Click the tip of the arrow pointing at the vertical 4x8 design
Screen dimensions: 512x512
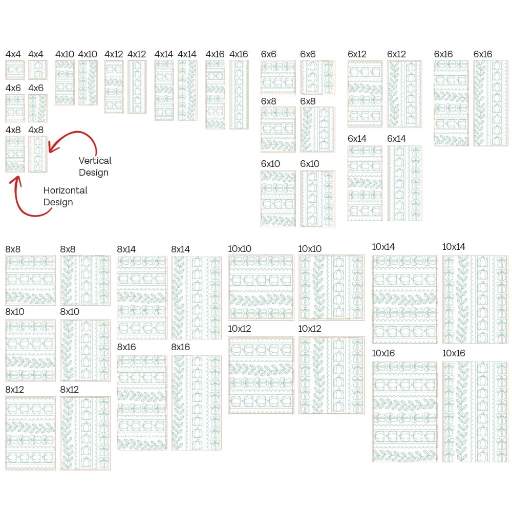pyautogui.click(x=49, y=152)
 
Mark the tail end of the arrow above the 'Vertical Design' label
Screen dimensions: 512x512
pyautogui.click(x=96, y=156)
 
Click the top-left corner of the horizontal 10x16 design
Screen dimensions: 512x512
pyautogui.click(x=372, y=361)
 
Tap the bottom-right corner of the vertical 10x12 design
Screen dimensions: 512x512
pyautogui.click(x=365, y=415)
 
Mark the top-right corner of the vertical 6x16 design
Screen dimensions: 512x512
pyautogui.click(x=508, y=60)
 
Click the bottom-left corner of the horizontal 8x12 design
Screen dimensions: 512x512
pyautogui.click(x=6, y=470)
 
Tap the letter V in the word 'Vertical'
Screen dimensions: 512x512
pyautogui.click(x=81, y=161)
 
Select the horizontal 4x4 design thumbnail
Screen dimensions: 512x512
pyautogui.click(x=15, y=70)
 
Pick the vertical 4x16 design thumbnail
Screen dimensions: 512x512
pyautogui.click(x=239, y=94)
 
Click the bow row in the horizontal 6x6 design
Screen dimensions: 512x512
pyautogui.click(x=278, y=67)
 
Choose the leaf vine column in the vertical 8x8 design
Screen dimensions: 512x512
pyautogui.click(x=68, y=280)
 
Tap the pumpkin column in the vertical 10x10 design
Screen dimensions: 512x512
pyautogui.click(x=338, y=287)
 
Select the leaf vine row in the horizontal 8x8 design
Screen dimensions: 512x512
pyautogui.click(x=30, y=297)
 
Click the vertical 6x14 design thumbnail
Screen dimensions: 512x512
pyautogui.click(x=404, y=183)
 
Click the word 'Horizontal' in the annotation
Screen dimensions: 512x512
pyautogui.click(x=66, y=190)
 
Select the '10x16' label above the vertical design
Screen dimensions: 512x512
pyautogui.click(x=454, y=353)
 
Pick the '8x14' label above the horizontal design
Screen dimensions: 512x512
pyautogui.click(x=126, y=249)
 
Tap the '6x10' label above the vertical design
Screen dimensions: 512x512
pyautogui.click(x=310, y=164)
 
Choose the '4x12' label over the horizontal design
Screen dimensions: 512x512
pyautogui.click(x=114, y=54)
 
